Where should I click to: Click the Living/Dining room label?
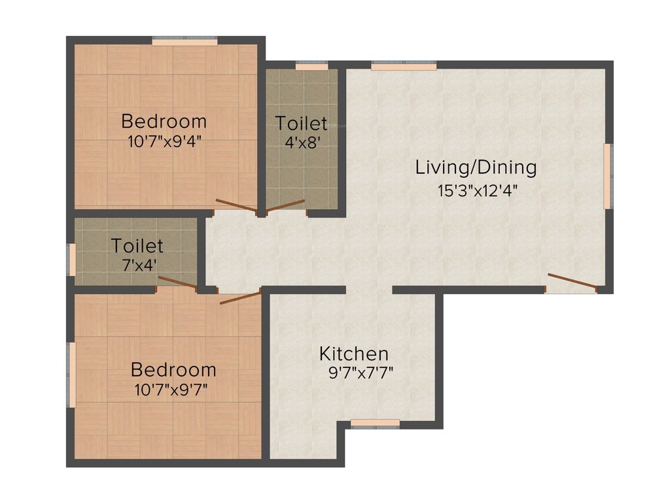(476, 167)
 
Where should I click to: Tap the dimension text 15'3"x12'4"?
(482, 191)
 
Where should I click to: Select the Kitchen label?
(353, 354)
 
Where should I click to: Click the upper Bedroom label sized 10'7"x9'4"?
(164, 122)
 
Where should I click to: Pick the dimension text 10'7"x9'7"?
(173, 390)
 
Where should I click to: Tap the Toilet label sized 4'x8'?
(301, 123)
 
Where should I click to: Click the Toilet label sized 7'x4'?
(137, 246)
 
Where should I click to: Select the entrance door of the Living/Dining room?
(572, 282)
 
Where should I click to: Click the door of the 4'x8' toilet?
(286, 207)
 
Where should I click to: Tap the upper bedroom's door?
(237, 206)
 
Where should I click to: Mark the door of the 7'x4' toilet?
(177, 282)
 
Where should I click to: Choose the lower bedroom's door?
(241, 297)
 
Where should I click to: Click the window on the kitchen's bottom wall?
(375, 424)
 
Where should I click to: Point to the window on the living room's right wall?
(607, 176)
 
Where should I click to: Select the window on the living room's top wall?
(404, 66)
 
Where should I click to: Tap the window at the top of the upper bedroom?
(185, 42)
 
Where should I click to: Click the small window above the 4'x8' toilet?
(311, 66)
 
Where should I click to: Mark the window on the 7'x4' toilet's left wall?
(73, 259)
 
